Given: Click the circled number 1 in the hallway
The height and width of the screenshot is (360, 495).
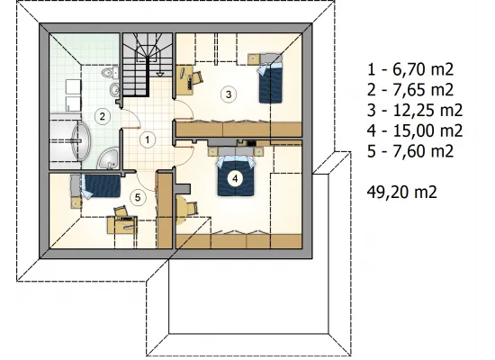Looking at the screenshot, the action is pyautogui.click(x=148, y=139).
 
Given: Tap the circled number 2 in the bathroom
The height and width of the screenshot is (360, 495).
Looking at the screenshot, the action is pyautogui.click(x=102, y=116).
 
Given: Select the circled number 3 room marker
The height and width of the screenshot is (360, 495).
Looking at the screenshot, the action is pyautogui.click(x=229, y=94).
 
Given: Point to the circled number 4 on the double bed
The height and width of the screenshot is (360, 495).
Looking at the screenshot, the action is pyautogui.click(x=235, y=179).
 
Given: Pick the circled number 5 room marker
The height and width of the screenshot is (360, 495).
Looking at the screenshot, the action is pyautogui.click(x=138, y=198).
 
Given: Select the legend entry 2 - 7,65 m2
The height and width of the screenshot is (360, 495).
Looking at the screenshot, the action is pyautogui.click(x=410, y=90).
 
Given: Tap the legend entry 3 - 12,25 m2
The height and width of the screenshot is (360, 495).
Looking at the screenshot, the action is pyautogui.click(x=415, y=110).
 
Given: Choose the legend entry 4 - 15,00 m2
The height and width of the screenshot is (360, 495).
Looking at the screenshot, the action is pyautogui.click(x=415, y=130).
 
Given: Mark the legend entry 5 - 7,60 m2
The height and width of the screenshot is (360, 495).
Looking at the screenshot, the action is pyautogui.click(x=410, y=151).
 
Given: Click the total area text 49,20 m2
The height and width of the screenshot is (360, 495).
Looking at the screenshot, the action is pyautogui.click(x=402, y=192).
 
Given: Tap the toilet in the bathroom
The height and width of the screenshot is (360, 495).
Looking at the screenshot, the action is pyautogui.click(x=110, y=73).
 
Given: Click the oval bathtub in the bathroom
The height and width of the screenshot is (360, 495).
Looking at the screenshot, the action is pyautogui.click(x=81, y=141).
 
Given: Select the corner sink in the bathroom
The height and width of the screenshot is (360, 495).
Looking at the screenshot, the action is pyautogui.click(x=108, y=157).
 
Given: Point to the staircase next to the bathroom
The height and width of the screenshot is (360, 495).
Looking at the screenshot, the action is pyautogui.click(x=148, y=65).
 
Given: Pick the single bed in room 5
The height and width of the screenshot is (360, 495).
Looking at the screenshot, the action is pyautogui.click(x=96, y=185).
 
